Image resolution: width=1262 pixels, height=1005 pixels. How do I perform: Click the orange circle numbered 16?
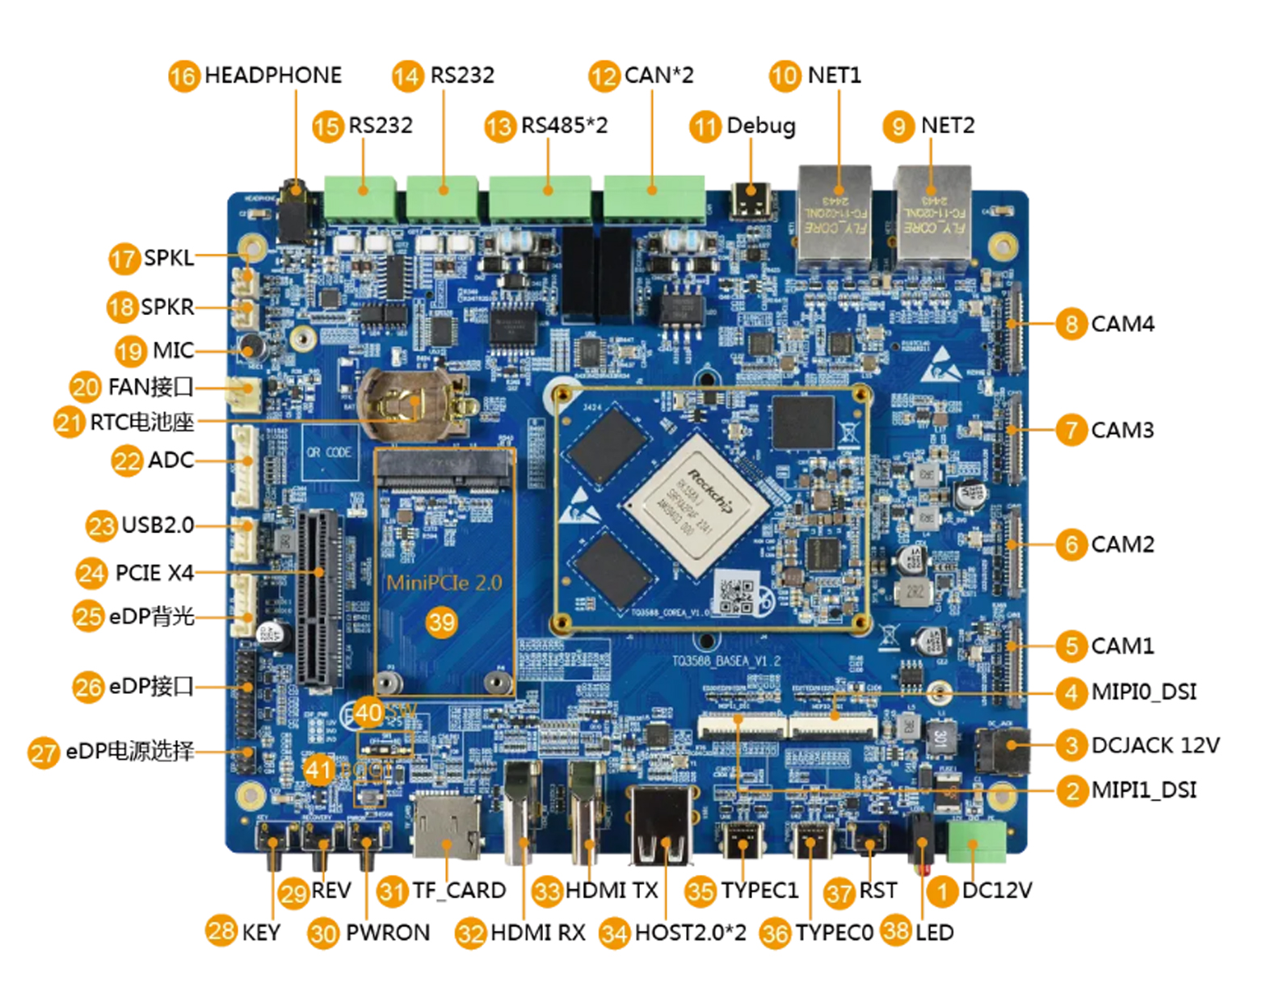point(183,76)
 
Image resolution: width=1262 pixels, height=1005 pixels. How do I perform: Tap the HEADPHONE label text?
point(273,75)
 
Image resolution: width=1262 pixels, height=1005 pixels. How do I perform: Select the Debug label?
point(761,126)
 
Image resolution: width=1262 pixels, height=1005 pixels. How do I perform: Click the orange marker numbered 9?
point(898,126)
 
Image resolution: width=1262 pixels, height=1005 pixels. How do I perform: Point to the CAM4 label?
point(1122,324)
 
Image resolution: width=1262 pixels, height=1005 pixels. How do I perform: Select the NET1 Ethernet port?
point(835,217)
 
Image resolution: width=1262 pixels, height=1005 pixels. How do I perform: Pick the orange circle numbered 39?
point(442,622)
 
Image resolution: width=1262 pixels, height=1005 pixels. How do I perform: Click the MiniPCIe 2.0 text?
point(444,582)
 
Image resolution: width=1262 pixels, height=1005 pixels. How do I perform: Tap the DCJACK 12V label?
point(1155,745)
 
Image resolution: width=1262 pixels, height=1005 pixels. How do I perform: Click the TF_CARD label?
point(459,890)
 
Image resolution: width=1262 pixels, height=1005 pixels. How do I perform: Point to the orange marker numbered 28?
point(221,930)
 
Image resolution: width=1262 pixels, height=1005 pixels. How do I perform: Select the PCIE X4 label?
point(154,573)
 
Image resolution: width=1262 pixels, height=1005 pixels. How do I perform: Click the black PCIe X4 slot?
point(317,598)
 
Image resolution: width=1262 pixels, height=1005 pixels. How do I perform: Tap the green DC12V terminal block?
point(976,842)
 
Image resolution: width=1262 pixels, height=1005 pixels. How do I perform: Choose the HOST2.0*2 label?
point(690,933)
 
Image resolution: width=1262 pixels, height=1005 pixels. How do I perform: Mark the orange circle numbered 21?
point(69,422)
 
